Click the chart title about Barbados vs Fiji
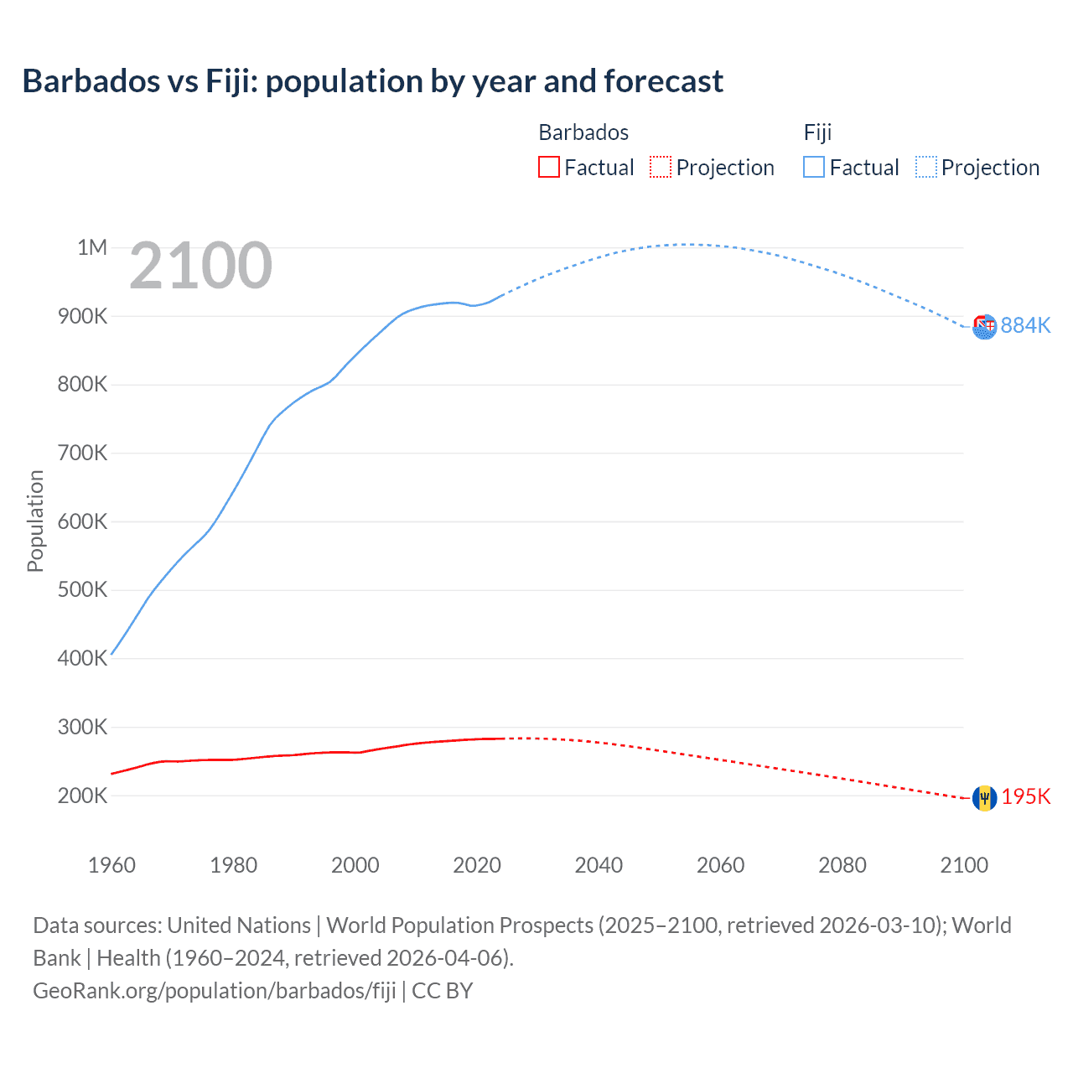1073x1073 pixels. click(372, 81)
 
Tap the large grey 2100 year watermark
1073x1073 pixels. click(200, 266)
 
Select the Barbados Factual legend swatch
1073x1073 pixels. click(548, 168)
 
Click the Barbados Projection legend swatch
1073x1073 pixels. click(661, 168)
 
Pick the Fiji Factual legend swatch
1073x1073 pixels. click(813, 168)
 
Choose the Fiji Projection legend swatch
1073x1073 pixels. click(926, 168)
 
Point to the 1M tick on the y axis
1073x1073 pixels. click(92, 247)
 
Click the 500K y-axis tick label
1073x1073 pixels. click(82, 590)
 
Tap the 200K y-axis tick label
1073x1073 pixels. click(82, 796)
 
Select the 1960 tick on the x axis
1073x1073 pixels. click(111, 865)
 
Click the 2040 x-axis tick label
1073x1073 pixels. click(599, 865)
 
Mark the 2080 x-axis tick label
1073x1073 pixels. click(842, 865)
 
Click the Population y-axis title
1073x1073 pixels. click(35, 521)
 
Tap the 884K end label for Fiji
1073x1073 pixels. click(1025, 325)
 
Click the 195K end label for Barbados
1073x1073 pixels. click(1025, 796)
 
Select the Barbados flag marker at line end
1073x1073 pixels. click(984, 798)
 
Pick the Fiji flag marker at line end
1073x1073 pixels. click(984, 327)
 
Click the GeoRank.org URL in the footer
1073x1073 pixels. click(214, 991)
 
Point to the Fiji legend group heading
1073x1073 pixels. click(817, 132)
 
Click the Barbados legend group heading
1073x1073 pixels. click(583, 132)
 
